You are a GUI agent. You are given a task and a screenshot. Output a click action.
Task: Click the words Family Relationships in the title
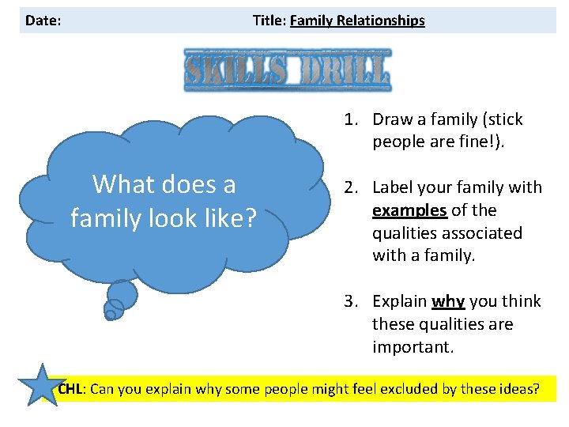click(x=357, y=21)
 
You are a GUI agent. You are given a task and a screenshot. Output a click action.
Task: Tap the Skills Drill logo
click(x=287, y=69)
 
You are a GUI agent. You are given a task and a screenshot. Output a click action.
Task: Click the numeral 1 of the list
click(x=348, y=119)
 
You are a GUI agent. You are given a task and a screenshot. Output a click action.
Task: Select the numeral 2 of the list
click(x=348, y=187)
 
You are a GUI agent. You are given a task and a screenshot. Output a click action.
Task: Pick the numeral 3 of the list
click(x=348, y=301)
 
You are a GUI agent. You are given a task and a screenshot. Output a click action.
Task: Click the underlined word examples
click(x=409, y=210)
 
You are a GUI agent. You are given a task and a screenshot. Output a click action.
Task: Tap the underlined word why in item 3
click(x=447, y=301)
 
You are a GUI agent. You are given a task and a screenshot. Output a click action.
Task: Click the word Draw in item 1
click(x=390, y=119)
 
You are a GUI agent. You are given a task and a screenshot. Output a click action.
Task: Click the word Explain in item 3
click(x=400, y=301)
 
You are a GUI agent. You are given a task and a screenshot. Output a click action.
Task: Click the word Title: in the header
click(x=269, y=21)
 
